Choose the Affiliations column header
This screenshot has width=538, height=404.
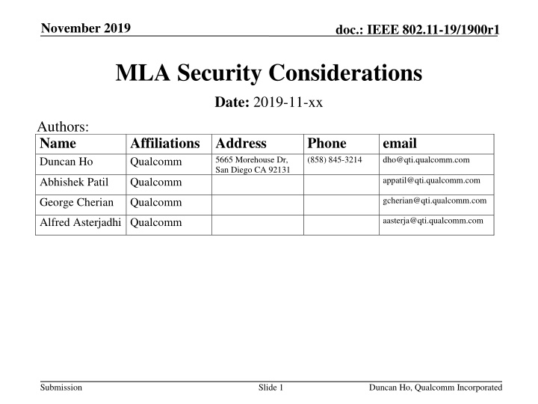(x=165, y=144)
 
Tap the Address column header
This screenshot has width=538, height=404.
(x=240, y=144)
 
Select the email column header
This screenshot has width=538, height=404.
(x=399, y=144)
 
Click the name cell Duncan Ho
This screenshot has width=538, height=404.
(x=67, y=162)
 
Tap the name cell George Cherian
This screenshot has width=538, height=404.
(x=78, y=202)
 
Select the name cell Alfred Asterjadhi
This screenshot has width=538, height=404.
(x=81, y=222)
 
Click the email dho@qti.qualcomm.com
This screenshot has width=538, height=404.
(x=425, y=159)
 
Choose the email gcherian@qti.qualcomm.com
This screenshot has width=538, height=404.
(x=433, y=201)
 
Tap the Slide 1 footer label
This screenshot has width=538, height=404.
(x=268, y=387)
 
